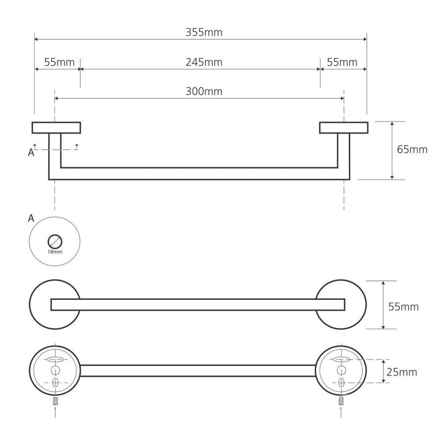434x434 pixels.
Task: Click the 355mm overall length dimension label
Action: click(x=204, y=33)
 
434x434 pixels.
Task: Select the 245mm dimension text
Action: click(x=204, y=62)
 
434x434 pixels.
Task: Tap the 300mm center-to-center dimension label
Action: click(x=204, y=92)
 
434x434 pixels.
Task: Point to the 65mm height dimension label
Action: click(x=412, y=150)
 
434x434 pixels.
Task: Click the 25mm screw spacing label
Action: click(x=401, y=372)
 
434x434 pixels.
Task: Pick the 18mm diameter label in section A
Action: click(x=55, y=252)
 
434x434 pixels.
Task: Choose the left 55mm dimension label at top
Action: click(x=60, y=62)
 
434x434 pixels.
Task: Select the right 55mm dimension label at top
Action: click(x=342, y=62)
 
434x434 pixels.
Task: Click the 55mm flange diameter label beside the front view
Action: click(x=404, y=307)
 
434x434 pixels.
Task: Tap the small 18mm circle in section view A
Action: click(x=55, y=241)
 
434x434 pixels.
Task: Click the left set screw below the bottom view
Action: click(x=56, y=400)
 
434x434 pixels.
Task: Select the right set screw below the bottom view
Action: click(x=341, y=400)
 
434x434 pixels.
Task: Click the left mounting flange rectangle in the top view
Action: click(x=56, y=127)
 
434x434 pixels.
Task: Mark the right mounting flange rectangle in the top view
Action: click(x=344, y=127)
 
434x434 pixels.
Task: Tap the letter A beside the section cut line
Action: click(x=31, y=152)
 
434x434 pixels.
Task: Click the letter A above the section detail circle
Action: click(x=31, y=219)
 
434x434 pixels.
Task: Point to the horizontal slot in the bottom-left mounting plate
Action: click(x=56, y=359)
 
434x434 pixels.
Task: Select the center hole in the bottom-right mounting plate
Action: click(x=341, y=370)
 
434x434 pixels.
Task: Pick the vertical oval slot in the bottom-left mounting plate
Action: click(x=56, y=383)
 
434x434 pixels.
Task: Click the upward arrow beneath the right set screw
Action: click(x=341, y=412)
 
